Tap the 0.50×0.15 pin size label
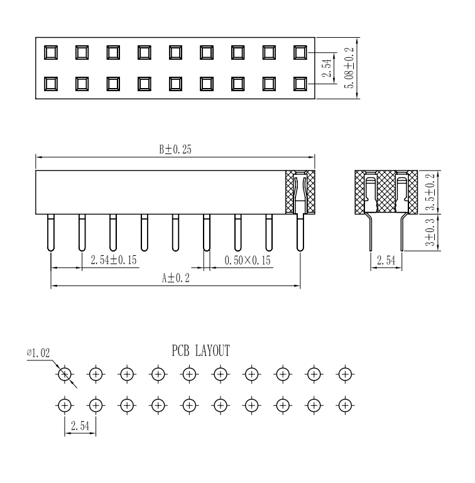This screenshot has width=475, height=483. pyautogui.click(x=248, y=260)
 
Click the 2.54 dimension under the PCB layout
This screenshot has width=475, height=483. pyautogui.click(x=79, y=426)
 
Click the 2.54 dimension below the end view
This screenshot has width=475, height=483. pyautogui.click(x=385, y=260)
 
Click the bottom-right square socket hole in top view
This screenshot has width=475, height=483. pyautogui.click(x=300, y=82)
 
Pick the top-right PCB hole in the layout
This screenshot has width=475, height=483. pyautogui.click(x=344, y=374)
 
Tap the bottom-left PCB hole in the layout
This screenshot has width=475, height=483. pyautogui.click(x=64, y=404)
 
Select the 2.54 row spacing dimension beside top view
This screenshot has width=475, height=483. pyautogui.click(x=325, y=67)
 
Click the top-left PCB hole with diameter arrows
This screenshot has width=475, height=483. pyautogui.click(x=64, y=374)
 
